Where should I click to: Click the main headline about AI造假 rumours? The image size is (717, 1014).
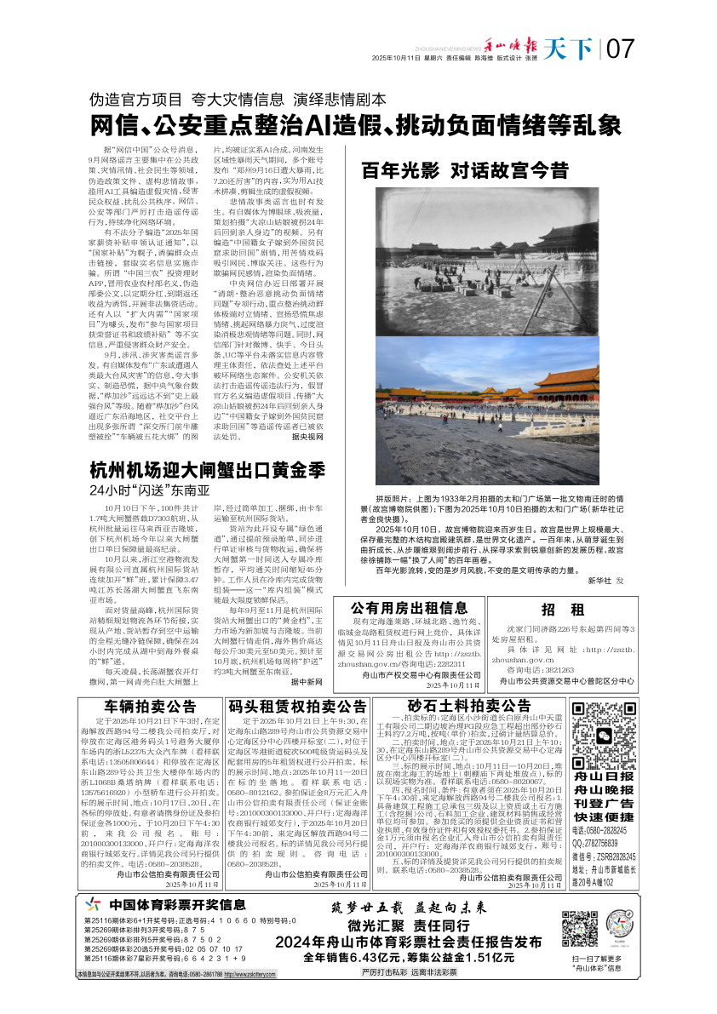[x=357, y=126]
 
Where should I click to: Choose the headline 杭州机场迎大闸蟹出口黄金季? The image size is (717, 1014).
[x=209, y=470]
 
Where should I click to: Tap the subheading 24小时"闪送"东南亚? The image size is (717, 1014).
[x=149, y=491]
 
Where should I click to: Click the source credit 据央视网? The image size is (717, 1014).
[x=308, y=435]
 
